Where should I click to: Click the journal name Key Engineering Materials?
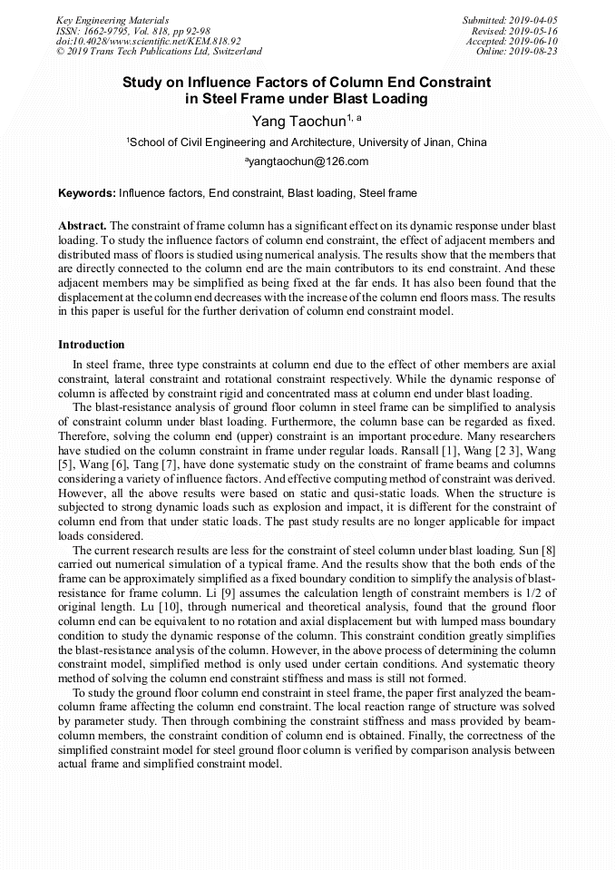coord(112,19)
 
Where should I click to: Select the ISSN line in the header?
coord(120,30)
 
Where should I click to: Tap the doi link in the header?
coord(148,41)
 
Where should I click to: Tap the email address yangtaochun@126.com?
coord(307,161)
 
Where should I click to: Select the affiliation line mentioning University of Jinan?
coord(307,142)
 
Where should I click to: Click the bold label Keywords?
coord(86,193)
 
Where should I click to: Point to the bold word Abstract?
coord(82,225)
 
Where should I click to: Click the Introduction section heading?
coord(92,345)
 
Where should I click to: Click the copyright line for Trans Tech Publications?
coord(159,52)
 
